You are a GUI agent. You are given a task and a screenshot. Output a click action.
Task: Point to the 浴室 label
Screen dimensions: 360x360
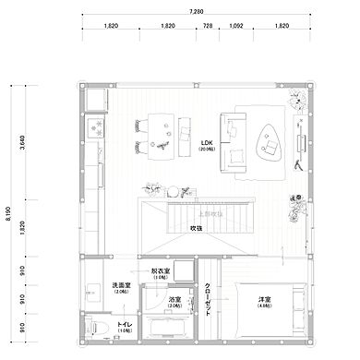click(x=174, y=300)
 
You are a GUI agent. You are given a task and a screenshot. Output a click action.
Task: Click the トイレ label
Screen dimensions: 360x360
click(x=124, y=325)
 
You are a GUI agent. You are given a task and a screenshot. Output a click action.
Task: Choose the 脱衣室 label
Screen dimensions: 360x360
click(x=161, y=272)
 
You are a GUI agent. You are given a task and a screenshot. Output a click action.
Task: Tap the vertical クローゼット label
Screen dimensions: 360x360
click(x=208, y=300)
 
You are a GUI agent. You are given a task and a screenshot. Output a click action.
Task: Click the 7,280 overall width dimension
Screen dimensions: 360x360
click(x=196, y=12)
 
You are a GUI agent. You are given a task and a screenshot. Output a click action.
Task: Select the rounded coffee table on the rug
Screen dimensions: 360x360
click(x=269, y=143)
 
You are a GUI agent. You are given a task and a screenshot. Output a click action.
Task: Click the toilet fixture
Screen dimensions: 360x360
click(x=95, y=326)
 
